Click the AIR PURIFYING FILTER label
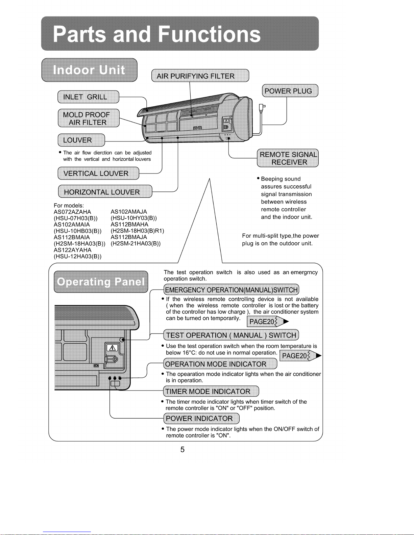point(200,76)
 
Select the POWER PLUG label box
point(290,90)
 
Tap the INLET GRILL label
point(88,97)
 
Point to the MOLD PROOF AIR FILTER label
point(89,118)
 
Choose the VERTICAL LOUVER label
point(98,173)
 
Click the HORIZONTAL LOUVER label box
point(105,191)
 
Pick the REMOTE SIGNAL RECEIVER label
point(288,158)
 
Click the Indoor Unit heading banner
point(90,70)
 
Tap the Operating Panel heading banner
point(101,282)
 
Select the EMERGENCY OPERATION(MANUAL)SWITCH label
point(231,290)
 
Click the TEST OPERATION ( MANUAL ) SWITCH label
point(231,335)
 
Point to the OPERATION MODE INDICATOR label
point(220,364)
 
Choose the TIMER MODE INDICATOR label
point(211,391)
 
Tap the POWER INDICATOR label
point(201,418)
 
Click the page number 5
point(182,449)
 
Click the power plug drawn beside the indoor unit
point(262,108)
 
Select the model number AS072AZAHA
point(72,212)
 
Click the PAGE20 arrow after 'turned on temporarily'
point(268,321)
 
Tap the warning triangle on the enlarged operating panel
point(112,348)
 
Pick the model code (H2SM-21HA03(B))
point(136,243)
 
